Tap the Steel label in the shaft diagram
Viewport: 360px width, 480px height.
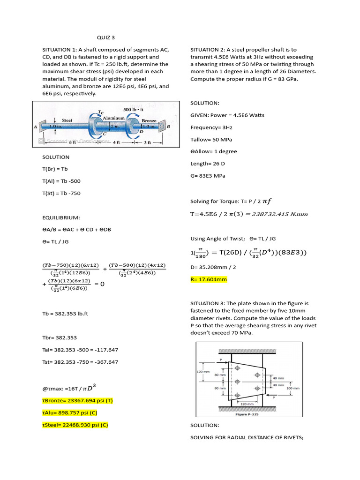coord(67,120)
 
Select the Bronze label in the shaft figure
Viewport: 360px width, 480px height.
coord(149,120)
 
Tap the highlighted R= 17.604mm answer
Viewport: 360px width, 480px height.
coord(209,279)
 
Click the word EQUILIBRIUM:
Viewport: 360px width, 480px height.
coord(61,217)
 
